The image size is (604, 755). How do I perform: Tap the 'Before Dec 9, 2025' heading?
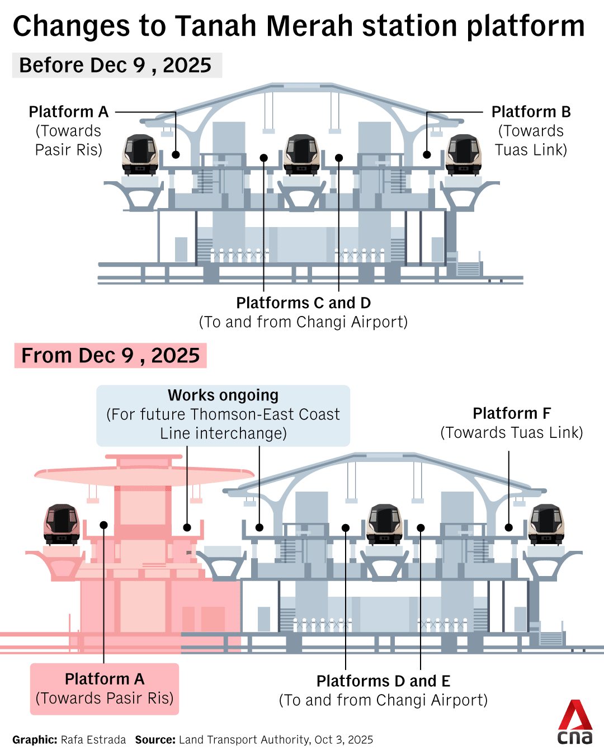116,65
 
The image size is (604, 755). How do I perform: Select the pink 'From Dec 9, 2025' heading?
110,356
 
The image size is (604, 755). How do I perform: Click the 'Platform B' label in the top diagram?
531,112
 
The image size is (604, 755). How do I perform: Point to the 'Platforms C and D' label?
303,303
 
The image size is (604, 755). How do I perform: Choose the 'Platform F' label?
512,413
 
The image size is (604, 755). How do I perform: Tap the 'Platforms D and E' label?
383,681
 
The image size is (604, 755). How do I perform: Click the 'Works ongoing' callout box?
223,415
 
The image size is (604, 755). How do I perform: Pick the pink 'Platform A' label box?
105,688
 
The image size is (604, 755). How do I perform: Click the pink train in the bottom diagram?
62,524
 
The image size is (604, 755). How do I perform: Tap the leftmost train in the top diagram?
139,154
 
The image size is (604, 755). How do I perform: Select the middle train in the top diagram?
301,154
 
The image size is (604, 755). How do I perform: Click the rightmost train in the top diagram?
464,154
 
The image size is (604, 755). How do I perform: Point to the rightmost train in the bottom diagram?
546,524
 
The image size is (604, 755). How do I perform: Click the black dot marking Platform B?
427,155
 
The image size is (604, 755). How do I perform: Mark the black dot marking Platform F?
509,527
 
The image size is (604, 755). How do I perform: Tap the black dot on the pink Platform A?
103,525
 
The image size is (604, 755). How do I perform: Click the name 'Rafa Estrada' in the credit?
93,740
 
